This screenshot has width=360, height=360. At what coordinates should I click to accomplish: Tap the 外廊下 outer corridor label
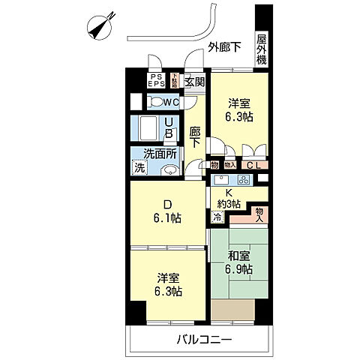pos(225,46)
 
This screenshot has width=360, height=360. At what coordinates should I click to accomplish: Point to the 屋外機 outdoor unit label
pos(261,49)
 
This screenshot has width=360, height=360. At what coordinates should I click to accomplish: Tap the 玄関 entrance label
pos(194,82)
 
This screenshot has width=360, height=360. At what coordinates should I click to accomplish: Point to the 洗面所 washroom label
pos(160,154)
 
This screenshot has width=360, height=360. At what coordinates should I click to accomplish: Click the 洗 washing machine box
pos(140,169)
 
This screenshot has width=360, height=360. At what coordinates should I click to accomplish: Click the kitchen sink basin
pos(223,180)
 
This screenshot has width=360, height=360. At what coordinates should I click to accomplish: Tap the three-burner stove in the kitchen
pos(244,180)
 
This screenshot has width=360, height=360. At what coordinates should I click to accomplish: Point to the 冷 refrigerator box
pos(217,217)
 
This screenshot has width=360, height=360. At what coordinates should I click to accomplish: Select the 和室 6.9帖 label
pos(240,262)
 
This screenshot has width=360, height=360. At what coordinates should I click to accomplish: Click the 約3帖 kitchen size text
pos(229,204)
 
